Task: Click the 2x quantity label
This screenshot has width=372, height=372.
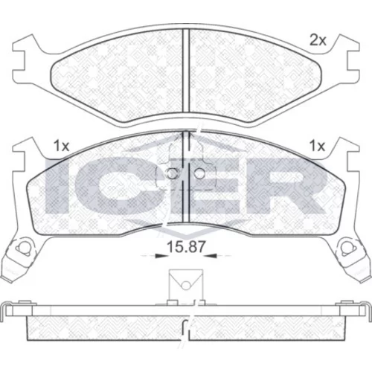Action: pos(318,40)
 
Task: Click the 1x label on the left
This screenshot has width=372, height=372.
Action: pos(61,147)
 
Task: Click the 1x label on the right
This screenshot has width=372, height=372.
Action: pos(318,147)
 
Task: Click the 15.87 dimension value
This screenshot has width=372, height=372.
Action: pos(186,247)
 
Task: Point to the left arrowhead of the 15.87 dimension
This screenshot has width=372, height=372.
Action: pos(161,255)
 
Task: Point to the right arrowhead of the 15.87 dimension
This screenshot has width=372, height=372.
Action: pos(211,255)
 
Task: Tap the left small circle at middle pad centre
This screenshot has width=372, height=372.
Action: pos(171,173)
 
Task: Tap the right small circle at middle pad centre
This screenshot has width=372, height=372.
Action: pos(199,173)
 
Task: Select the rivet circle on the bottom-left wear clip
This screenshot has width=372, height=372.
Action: pos(21,248)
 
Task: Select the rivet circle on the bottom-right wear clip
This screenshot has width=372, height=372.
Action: pos(347,248)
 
